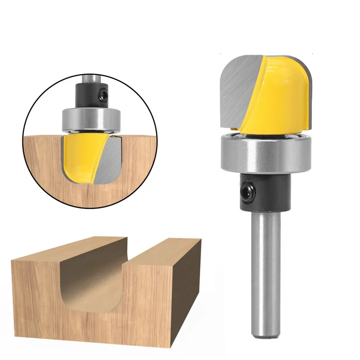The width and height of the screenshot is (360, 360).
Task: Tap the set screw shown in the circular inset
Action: tap(104, 94)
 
